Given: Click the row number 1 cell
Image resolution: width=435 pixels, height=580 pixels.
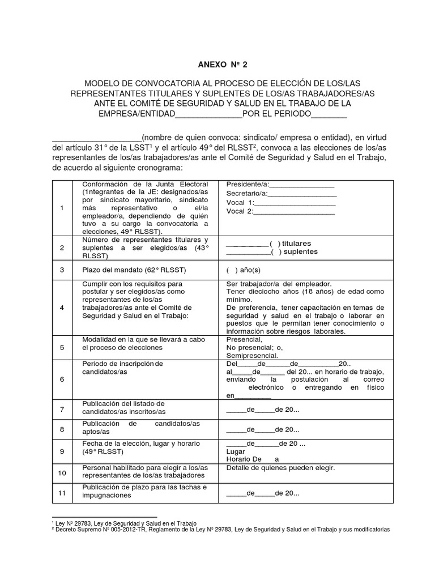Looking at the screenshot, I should click(x=61, y=208).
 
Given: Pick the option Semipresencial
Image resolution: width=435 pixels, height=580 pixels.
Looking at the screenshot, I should click(x=252, y=355).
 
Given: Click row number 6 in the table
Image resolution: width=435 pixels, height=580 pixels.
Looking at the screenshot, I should click(x=61, y=378).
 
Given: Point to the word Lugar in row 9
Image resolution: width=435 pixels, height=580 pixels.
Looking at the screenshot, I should click(x=236, y=451).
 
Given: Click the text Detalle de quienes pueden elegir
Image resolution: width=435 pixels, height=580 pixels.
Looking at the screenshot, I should click(x=280, y=468).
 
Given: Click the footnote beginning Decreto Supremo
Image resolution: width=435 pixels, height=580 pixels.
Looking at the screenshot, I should click(x=220, y=529).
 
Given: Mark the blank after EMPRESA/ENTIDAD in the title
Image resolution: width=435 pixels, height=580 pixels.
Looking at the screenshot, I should click(x=208, y=113).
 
